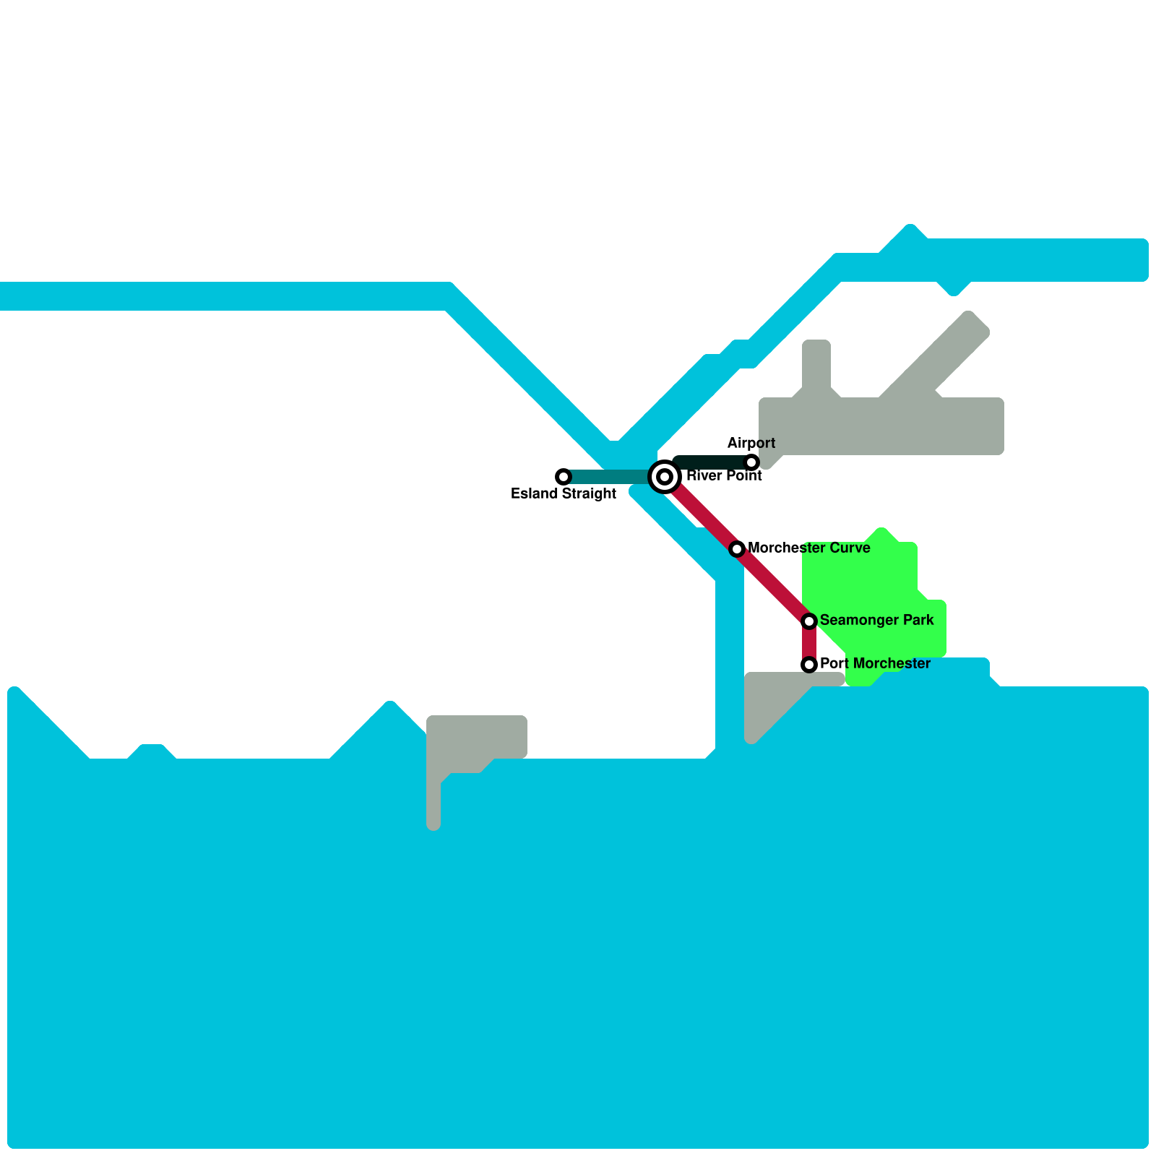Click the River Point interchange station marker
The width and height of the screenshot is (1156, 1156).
(665, 477)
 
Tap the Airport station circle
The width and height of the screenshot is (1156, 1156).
(751, 462)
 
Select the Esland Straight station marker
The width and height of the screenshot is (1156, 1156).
(564, 477)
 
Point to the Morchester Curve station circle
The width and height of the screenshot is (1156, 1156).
(737, 549)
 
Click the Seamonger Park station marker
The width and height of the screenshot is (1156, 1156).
(809, 621)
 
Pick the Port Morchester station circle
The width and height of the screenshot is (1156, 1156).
(809, 665)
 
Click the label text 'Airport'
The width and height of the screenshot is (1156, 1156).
(751, 443)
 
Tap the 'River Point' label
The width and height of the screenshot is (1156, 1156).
(724, 475)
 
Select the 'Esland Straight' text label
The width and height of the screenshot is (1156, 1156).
(564, 494)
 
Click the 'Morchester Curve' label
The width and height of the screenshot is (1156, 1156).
(809, 548)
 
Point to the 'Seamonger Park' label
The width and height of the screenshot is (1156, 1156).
(876, 620)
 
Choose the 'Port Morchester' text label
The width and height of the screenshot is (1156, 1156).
(875, 663)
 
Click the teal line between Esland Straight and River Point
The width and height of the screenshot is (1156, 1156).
(611, 477)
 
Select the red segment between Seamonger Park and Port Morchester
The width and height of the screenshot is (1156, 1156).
(809, 643)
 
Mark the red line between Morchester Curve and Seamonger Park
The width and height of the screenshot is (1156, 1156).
(773, 585)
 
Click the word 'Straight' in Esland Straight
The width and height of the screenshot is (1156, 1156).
(587, 494)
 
